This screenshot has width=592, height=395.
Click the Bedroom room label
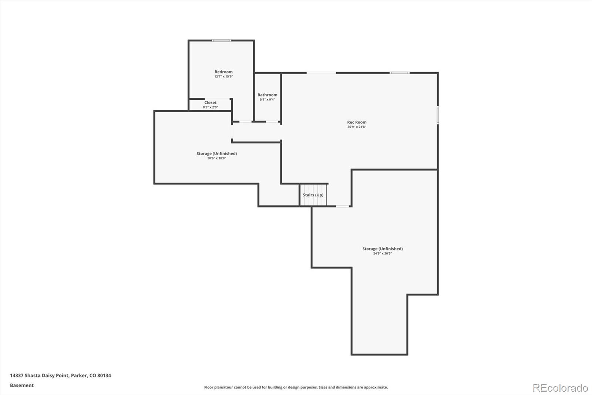pyautogui.click(x=223, y=72)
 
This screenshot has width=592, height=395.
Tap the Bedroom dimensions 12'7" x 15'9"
pyautogui.click(x=223, y=77)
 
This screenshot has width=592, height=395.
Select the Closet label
pyautogui.click(x=210, y=103)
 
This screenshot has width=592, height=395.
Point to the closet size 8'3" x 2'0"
pyautogui.click(x=210, y=107)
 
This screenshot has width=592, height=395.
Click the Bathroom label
pyautogui.click(x=267, y=95)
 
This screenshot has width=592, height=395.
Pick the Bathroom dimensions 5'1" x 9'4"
pyautogui.click(x=267, y=100)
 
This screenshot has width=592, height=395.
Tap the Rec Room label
pyautogui.click(x=357, y=122)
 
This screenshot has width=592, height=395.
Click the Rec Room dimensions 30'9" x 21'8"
pyautogui.click(x=357, y=127)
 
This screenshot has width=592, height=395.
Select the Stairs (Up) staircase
pyautogui.click(x=313, y=195)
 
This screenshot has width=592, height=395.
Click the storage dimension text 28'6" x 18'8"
pyautogui.click(x=216, y=158)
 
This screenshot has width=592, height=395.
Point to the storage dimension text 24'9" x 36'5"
pyautogui.click(x=382, y=253)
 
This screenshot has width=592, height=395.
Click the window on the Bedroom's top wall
pyautogui.click(x=221, y=40)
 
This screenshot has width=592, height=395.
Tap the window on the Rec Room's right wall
pyautogui.click(x=438, y=115)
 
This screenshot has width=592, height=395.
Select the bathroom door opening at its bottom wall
pyautogui.click(x=273, y=122)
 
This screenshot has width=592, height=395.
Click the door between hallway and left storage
pyautogui.click(x=232, y=132)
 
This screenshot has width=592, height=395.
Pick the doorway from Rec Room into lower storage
pyautogui.click(x=342, y=206)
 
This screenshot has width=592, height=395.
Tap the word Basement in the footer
pyautogui.click(x=21, y=385)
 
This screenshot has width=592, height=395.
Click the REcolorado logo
pyautogui.click(x=560, y=388)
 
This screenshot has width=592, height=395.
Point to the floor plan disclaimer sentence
pyautogui.click(x=296, y=387)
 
